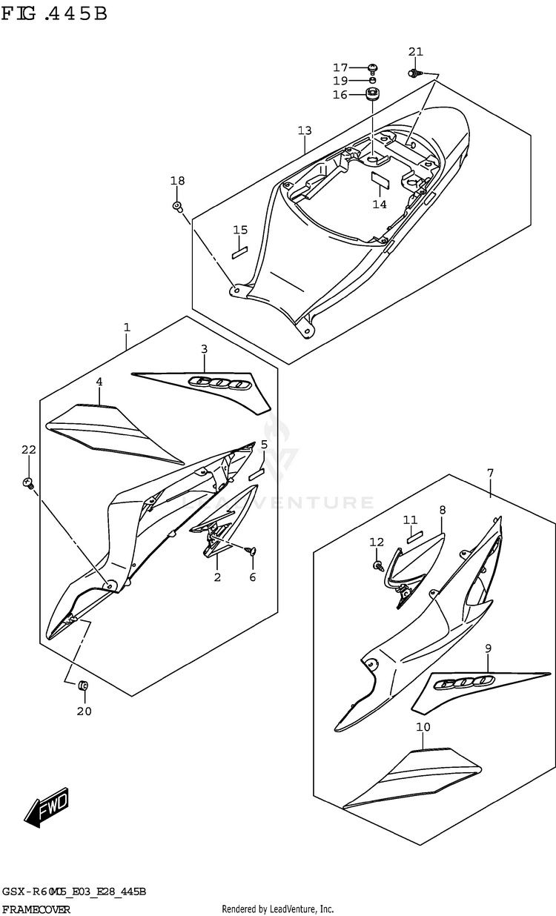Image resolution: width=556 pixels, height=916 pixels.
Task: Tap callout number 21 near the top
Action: coord(416,51)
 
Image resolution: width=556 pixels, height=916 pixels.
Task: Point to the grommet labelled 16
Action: coord(373,94)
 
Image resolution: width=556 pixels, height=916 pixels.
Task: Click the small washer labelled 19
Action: coord(374,80)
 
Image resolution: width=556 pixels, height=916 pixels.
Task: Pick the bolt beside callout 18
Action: coord(178,205)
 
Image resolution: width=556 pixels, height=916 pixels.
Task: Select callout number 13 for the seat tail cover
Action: coord(305,131)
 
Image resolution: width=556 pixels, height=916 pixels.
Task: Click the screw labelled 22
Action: coord(28,483)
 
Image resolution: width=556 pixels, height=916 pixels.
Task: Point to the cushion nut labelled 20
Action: coord(84,686)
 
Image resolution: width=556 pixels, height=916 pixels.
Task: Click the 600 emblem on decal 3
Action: coord(219,382)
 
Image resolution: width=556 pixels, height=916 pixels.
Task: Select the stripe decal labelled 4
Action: coord(111,428)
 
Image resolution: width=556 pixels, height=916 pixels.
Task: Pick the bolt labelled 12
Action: coord(378,565)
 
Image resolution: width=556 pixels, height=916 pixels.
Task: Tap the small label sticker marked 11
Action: coord(414,533)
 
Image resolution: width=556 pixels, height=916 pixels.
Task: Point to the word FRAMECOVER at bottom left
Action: coord(37,909)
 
